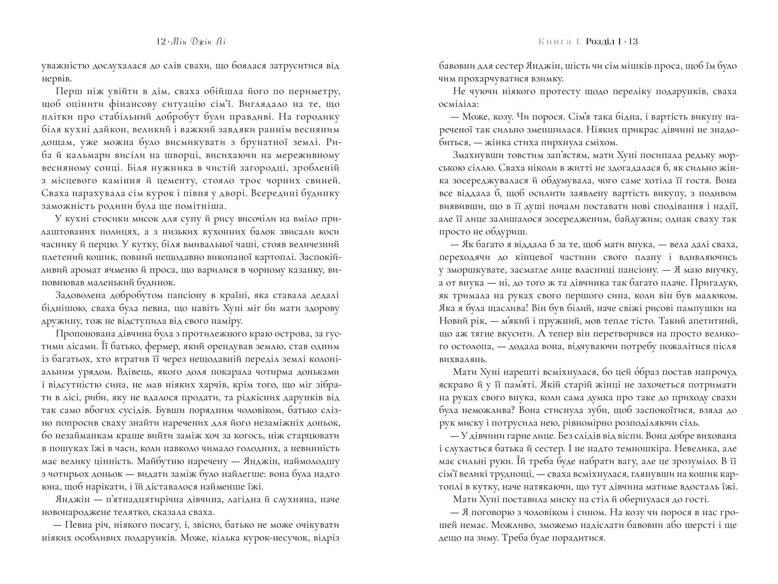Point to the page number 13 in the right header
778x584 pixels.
click(x=633, y=42)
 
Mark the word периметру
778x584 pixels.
click(x=311, y=91)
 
